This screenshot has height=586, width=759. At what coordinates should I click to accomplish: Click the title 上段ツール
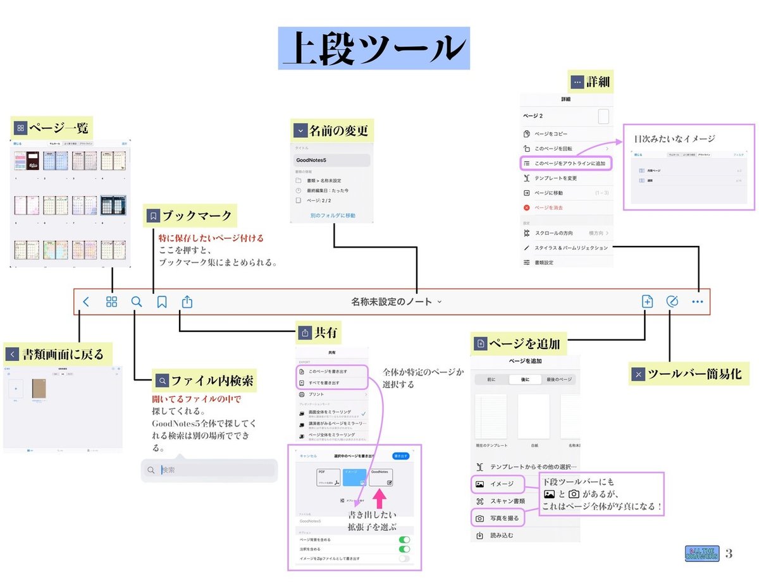374,48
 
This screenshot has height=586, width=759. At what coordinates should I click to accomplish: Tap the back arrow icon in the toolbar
86,302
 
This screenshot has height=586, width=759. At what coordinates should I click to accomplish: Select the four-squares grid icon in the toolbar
111,302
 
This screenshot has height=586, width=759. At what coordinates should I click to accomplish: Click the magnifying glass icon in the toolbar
137,302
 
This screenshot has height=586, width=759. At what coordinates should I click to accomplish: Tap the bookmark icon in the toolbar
162,302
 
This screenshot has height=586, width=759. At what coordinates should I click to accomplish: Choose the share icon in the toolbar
187,302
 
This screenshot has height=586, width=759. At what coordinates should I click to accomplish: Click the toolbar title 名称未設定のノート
392,302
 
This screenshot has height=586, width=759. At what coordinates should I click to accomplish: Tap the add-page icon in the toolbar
647,302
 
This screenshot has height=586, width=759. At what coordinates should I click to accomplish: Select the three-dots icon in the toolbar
697,302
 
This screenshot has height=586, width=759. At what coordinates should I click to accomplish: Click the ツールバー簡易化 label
694,374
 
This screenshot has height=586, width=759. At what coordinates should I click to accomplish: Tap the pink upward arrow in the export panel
379,498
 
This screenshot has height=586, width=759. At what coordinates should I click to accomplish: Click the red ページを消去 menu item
548,207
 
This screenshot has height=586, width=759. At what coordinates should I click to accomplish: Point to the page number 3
729,554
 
